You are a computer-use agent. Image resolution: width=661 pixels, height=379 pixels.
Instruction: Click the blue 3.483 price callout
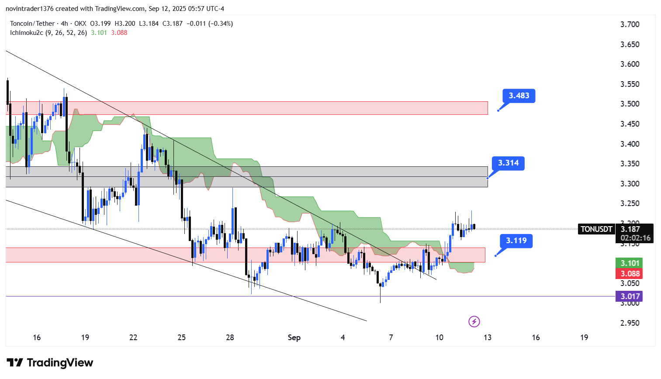point(519,96)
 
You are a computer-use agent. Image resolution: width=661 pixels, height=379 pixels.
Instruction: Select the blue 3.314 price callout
point(508,163)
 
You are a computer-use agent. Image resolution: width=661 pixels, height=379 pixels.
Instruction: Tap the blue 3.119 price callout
point(516,241)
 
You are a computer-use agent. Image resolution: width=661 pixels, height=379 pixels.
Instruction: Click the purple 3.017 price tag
point(629,296)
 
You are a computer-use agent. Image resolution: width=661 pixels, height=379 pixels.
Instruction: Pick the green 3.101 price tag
point(629,263)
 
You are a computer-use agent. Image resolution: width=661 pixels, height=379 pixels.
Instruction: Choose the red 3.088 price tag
point(629,274)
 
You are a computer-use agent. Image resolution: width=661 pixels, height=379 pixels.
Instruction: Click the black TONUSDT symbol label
point(596,229)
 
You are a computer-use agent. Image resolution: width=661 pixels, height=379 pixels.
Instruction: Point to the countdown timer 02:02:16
point(636,238)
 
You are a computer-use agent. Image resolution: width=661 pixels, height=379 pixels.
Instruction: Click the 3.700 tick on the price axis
point(630,24)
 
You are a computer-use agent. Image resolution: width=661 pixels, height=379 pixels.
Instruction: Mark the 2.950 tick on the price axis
point(630,323)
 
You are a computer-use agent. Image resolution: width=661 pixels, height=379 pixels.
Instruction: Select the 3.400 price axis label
point(630,144)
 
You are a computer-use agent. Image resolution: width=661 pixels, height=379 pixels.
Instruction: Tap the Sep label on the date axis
point(294,338)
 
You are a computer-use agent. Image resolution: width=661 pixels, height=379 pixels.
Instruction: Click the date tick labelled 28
point(230,338)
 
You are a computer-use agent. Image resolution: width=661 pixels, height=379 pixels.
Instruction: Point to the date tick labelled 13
point(487,338)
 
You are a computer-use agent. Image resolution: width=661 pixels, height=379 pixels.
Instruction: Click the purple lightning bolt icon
point(474,322)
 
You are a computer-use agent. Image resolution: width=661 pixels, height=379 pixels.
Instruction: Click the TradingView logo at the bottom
point(50,363)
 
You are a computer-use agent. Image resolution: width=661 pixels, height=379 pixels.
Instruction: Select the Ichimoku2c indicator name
point(26,33)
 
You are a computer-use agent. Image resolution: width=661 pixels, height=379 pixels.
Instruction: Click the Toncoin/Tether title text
point(32,24)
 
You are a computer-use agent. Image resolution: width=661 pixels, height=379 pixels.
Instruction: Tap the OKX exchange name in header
point(80,24)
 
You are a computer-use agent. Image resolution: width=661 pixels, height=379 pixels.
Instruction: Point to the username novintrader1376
point(29,9)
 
